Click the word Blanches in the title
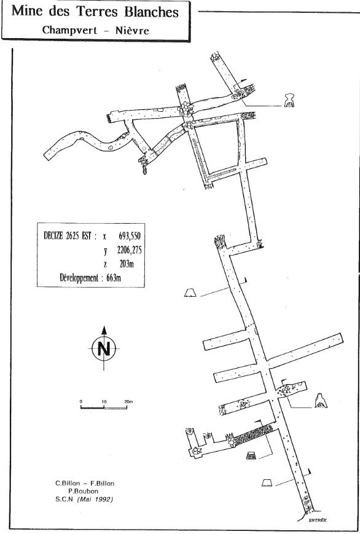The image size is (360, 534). pyautogui.click(x=151, y=12)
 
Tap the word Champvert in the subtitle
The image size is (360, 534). pyautogui.click(x=69, y=30)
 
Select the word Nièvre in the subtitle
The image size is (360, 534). pyautogui.click(x=132, y=30)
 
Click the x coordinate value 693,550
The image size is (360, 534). pyautogui.click(x=130, y=236)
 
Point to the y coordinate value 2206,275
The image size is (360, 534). pyautogui.click(x=129, y=250)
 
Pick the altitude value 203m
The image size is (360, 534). pyautogui.click(x=127, y=264)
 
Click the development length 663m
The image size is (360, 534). pyautogui.click(x=114, y=278)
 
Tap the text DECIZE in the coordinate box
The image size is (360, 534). pyautogui.click(x=53, y=236)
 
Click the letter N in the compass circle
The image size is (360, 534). pyautogui.click(x=104, y=349)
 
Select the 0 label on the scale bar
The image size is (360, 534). pyautogui.click(x=81, y=402)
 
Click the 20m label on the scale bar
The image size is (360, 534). pyautogui.click(x=128, y=402)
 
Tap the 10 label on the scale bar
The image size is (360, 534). pyautogui.click(x=104, y=402)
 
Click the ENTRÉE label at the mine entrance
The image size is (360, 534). pyautogui.click(x=318, y=520)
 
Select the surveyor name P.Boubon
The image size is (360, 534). pyautogui.click(x=83, y=491)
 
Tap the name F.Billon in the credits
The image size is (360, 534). pyautogui.click(x=102, y=483)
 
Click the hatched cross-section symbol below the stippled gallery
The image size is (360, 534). pyautogui.click(x=251, y=455)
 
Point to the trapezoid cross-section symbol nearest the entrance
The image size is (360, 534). pyautogui.click(x=267, y=482)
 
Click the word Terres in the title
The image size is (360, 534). pyautogui.click(x=98, y=12)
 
